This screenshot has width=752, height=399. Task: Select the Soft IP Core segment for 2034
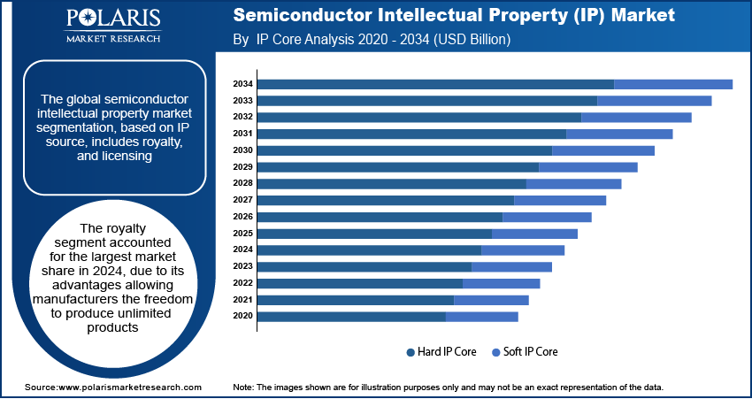(673, 84)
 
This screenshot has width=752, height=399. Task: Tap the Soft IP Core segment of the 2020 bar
(482, 316)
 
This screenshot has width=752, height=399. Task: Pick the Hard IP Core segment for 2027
(386, 200)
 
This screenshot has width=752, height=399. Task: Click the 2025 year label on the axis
(243, 234)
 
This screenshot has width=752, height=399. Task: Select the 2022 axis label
(243, 283)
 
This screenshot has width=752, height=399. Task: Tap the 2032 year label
(243, 117)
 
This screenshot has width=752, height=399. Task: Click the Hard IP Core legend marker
(411, 352)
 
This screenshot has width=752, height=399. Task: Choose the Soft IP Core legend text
(531, 352)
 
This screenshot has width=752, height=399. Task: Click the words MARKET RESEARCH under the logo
(112, 38)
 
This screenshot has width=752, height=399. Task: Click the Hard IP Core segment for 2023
(364, 266)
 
